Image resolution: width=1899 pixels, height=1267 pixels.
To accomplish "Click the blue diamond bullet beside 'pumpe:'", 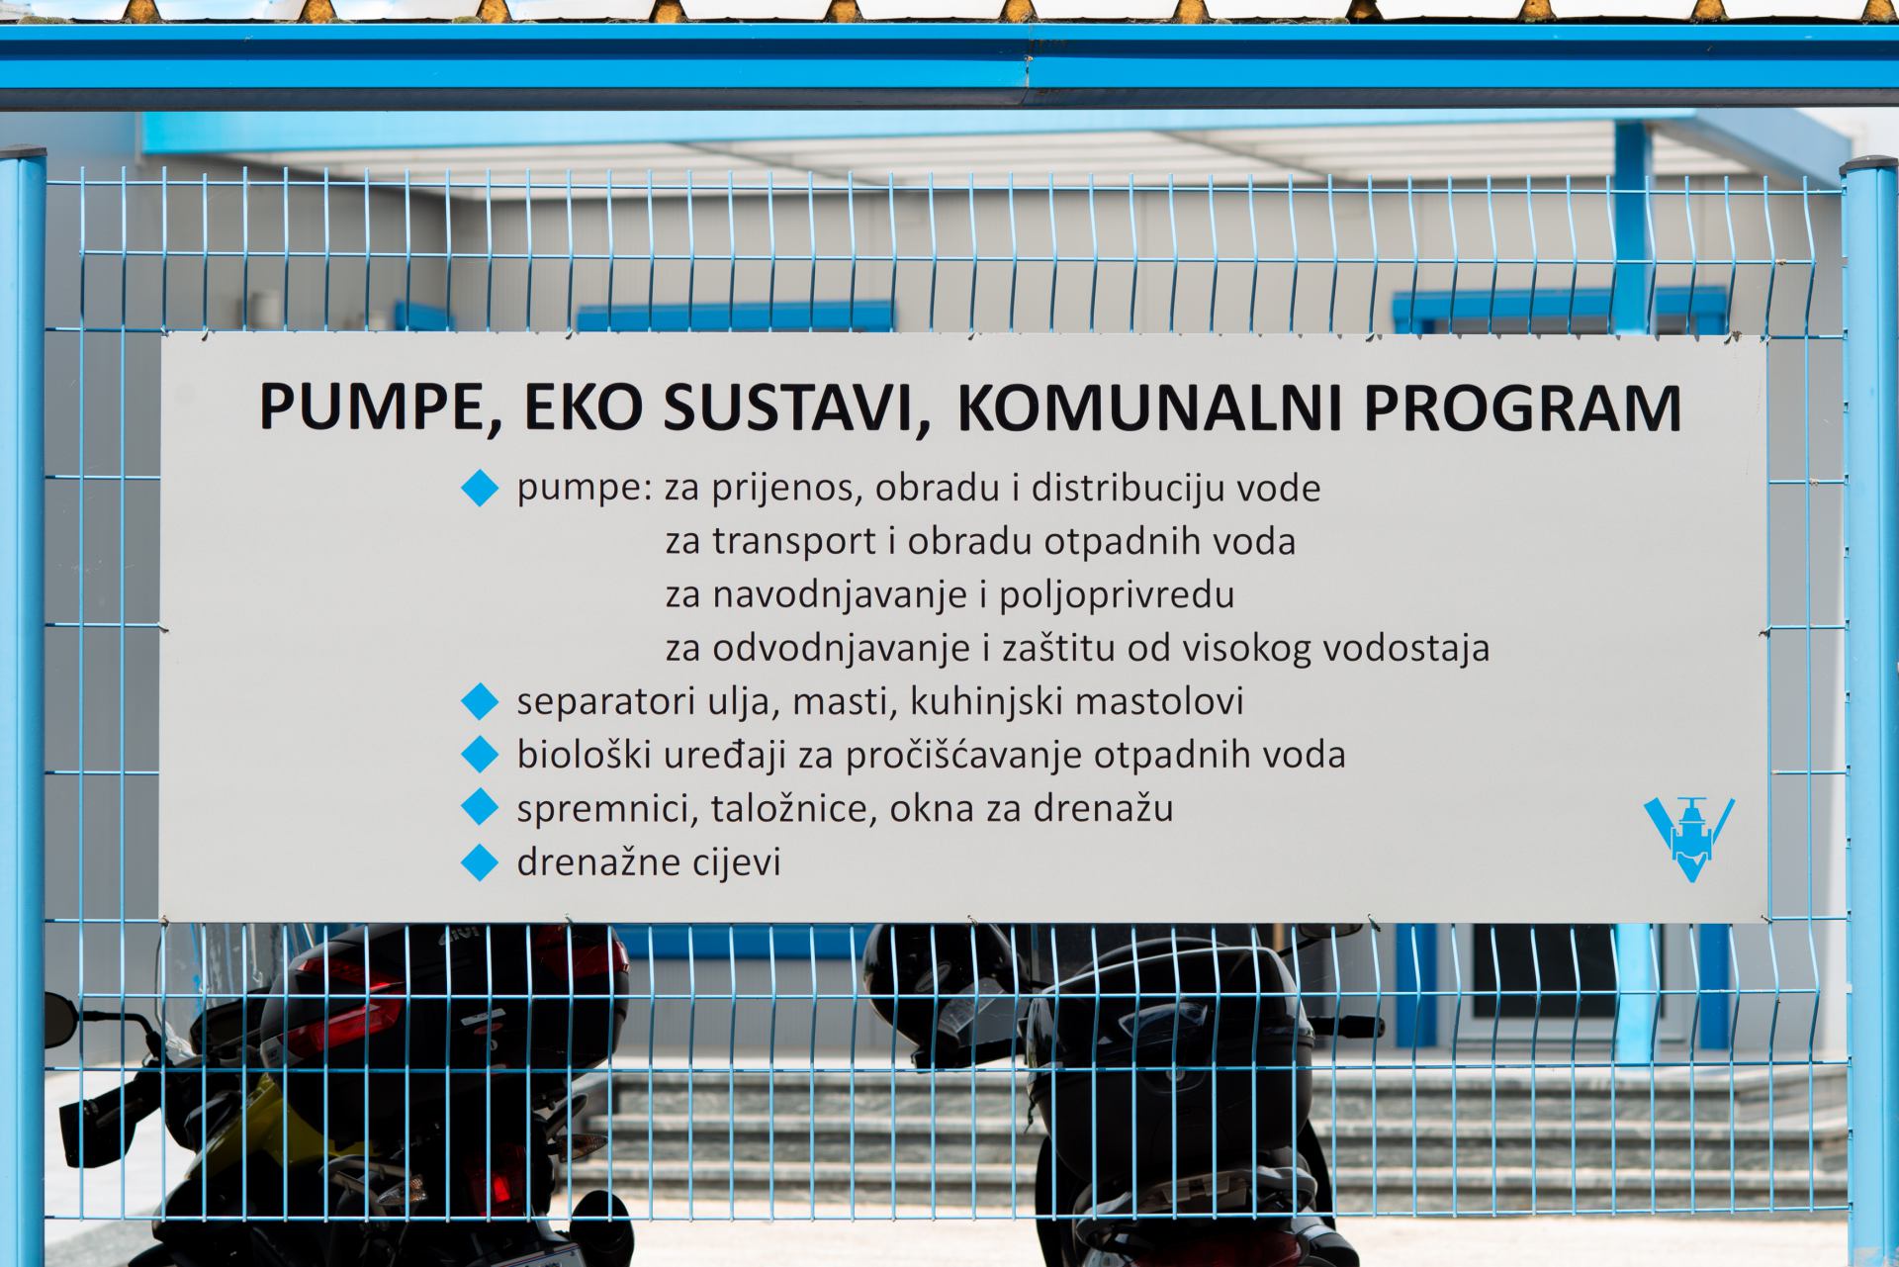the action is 480,489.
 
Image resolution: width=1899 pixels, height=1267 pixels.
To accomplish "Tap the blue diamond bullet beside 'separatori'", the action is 480,702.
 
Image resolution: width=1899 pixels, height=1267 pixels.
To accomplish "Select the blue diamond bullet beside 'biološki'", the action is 480,756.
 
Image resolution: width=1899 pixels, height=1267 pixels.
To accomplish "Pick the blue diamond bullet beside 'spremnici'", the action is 480,809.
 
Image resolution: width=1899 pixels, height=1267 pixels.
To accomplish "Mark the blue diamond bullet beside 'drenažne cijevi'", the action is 480,862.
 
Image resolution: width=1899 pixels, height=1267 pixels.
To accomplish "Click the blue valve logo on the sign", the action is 1689,840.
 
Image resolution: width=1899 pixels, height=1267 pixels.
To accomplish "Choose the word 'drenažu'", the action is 1104,809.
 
